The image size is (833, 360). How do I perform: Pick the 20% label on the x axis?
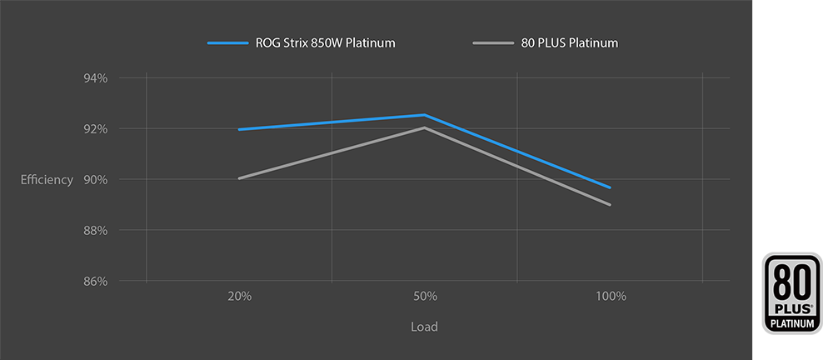pyautogui.click(x=239, y=297)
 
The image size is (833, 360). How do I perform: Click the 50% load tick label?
pyautogui.click(x=425, y=297)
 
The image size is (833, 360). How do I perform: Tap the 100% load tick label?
pyautogui.click(x=611, y=297)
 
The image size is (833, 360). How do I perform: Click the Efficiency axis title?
pyautogui.click(x=47, y=180)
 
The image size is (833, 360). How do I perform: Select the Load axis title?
pyautogui.click(x=424, y=327)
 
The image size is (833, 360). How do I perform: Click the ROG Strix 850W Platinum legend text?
pyautogui.click(x=326, y=42)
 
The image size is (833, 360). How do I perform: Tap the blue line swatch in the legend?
pyautogui.click(x=227, y=42)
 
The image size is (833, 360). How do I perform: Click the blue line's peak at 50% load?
pyautogui.click(x=425, y=115)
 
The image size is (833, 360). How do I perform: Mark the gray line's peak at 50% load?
pyautogui.click(x=425, y=127)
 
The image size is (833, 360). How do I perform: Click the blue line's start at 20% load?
pyautogui.click(x=239, y=129)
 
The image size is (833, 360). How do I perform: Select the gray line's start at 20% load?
pyautogui.click(x=239, y=178)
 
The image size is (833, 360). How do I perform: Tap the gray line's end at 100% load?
pyautogui.click(x=611, y=204)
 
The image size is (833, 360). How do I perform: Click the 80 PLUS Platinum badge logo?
pyautogui.click(x=792, y=294)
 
